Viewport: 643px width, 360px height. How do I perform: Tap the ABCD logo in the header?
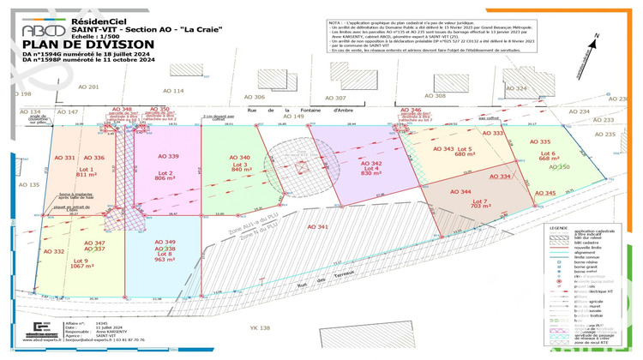pyautogui.click(x=40, y=30)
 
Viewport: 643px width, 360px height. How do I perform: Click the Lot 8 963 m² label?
pyautogui.click(x=165, y=255)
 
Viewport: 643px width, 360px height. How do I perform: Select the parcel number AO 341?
pyautogui.click(x=317, y=227)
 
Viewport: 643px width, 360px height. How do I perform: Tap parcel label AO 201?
pyautogui.click(x=88, y=87)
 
